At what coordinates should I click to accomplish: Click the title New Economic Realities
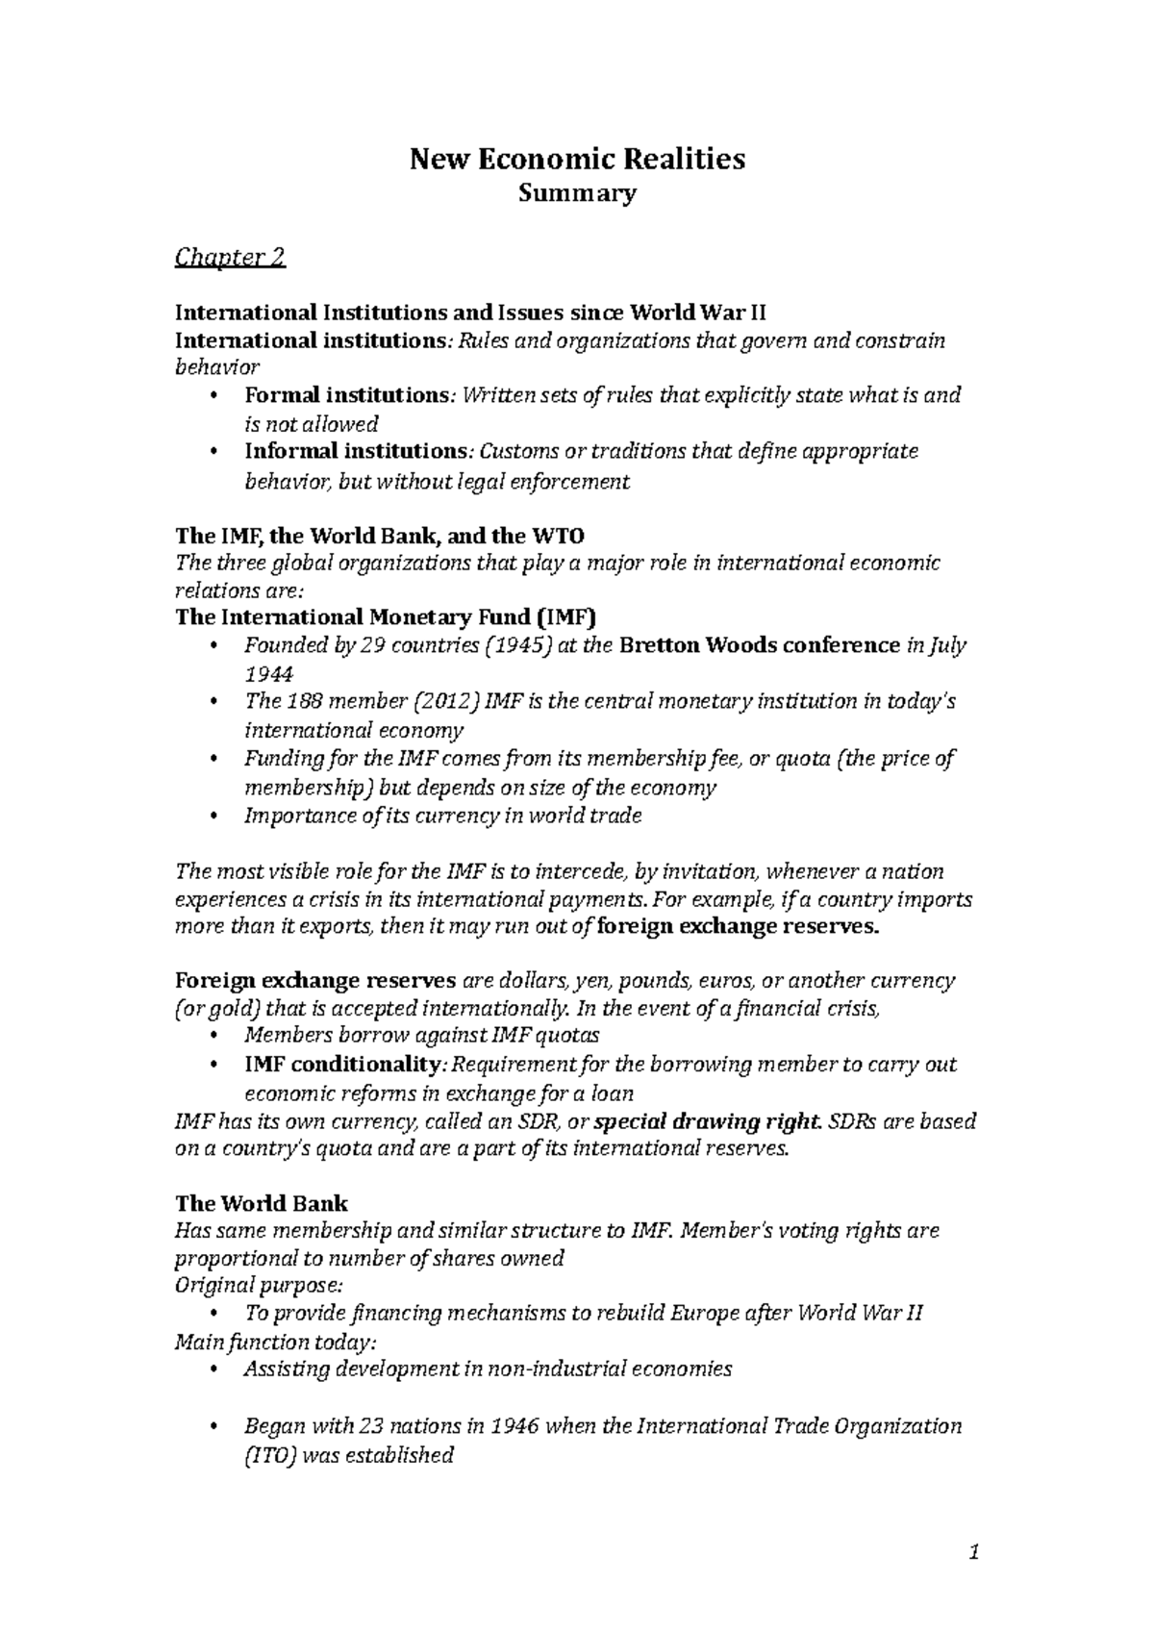coord(577,159)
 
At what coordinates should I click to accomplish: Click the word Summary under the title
coord(577,194)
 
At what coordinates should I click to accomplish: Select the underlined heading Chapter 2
coord(229,258)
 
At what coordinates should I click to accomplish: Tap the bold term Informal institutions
coord(355,451)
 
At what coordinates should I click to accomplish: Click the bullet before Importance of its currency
coord(213,816)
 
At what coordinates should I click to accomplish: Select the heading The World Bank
coord(261,1203)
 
